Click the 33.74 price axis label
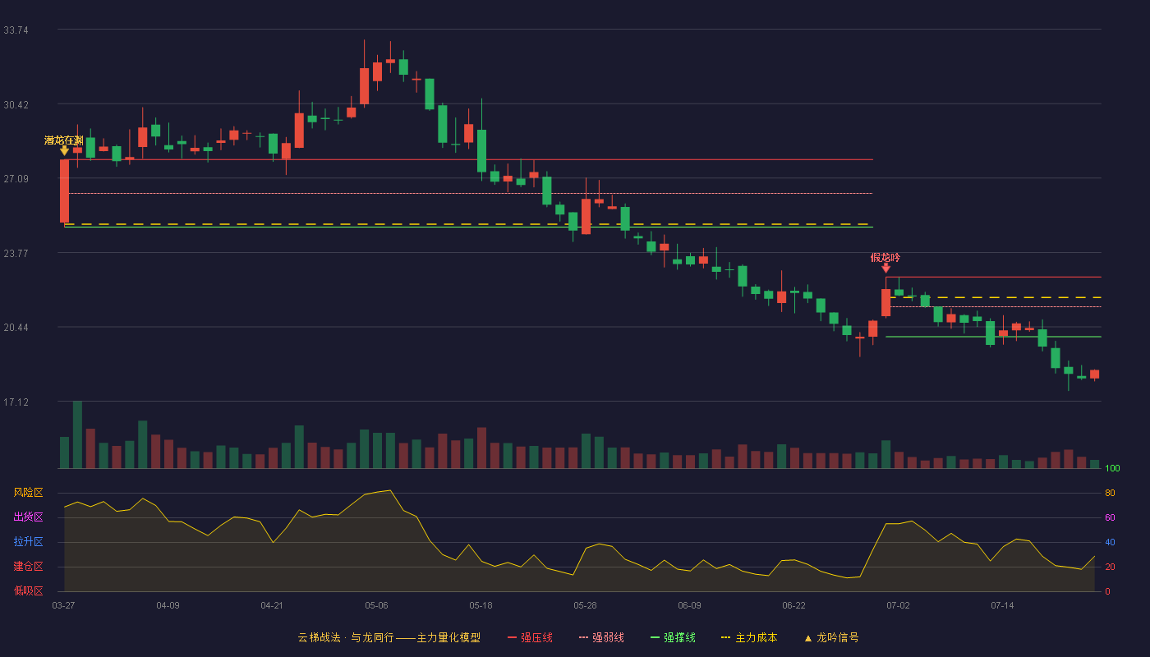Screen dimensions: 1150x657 [16, 30]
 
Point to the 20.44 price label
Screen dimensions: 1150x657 [16, 328]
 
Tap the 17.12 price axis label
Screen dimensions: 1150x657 [16, 402]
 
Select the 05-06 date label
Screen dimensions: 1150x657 [376, 606]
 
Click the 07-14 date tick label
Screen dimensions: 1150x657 [1002, 606]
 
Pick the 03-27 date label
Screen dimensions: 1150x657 [64, 606]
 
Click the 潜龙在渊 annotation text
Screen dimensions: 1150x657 [64, 140]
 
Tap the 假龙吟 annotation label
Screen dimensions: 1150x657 [885, 257]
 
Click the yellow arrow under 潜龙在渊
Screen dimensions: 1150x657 [64, 150]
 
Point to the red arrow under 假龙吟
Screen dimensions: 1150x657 [885, 268]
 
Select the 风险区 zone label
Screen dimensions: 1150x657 [28, 492]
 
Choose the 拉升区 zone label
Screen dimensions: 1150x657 [28, 541]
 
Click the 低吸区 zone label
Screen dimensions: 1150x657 [28, 590]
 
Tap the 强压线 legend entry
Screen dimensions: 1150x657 [531, 637]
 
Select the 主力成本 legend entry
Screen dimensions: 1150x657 [749, 637]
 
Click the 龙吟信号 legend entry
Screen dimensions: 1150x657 [831, 637]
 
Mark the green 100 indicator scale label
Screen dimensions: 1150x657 [1112, 468]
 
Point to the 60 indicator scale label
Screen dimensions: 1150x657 [1110, 517]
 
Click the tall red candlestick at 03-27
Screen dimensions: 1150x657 [64, 191]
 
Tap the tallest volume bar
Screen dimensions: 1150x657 [77, 434]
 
